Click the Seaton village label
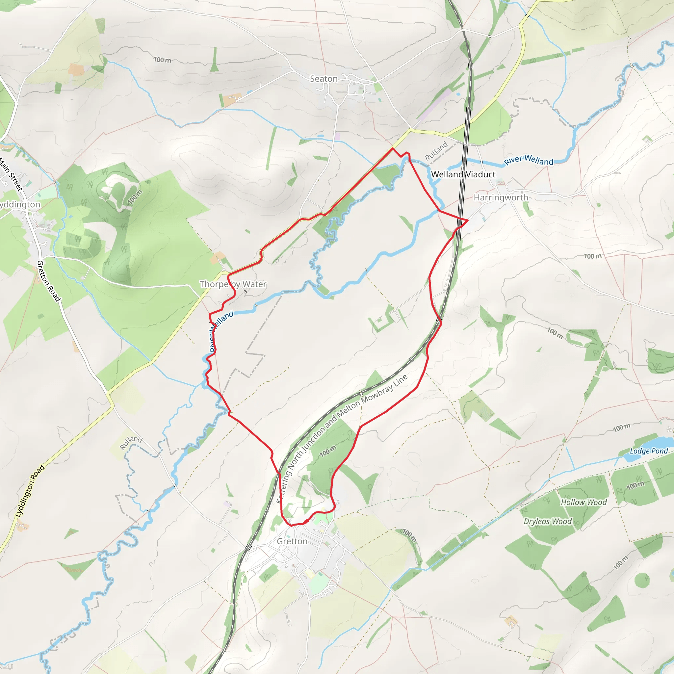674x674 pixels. pos(324,79)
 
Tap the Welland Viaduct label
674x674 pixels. pos(463,174)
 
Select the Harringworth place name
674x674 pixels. pos(501,197)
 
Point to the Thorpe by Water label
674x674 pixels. pos(233,284)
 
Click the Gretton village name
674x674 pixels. pos(292,541)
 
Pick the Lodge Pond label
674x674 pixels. pos(649,451)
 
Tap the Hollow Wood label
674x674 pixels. pos(583,502)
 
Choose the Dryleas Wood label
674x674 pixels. pos(548,521)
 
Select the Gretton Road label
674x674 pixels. pos(49,281)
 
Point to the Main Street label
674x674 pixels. pos(11,174)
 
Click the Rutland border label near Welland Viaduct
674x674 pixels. pos(436,151)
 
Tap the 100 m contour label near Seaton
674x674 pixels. pos(163,60)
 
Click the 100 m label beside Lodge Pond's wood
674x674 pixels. pos(635,485)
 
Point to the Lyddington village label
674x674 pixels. pos(20,204)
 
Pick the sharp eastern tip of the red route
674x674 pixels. pos(467,220)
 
